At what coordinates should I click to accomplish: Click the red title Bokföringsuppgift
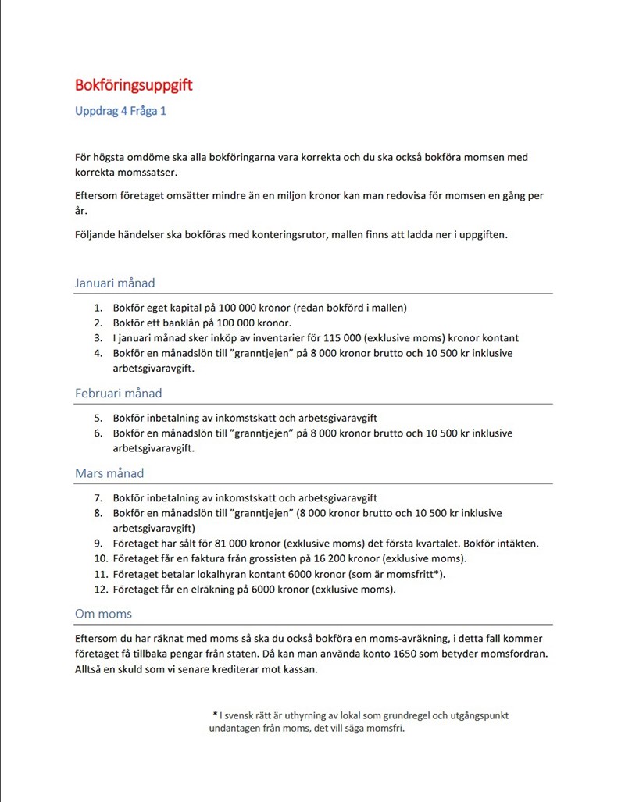134,84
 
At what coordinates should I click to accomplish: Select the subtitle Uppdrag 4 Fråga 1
120,111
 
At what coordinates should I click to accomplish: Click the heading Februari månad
118,394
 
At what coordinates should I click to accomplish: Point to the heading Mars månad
109,473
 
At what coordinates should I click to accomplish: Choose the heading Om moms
103,614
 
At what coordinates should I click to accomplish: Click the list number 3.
98,338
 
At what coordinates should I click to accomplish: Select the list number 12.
100,590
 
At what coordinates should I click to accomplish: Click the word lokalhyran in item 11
209,575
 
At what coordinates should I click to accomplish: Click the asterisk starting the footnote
214,715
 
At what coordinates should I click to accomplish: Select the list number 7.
98,498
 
